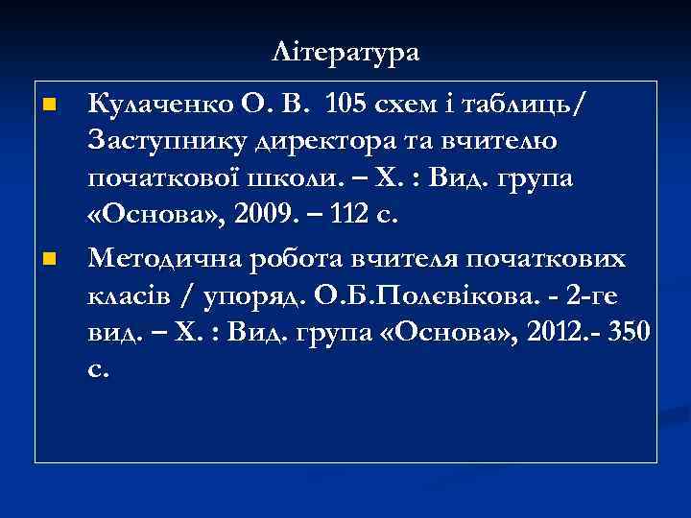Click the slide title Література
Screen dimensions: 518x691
point(345,51)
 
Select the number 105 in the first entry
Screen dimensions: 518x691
point(347,102)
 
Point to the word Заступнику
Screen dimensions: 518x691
point(168,140)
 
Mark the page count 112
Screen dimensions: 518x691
point(348,217)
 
